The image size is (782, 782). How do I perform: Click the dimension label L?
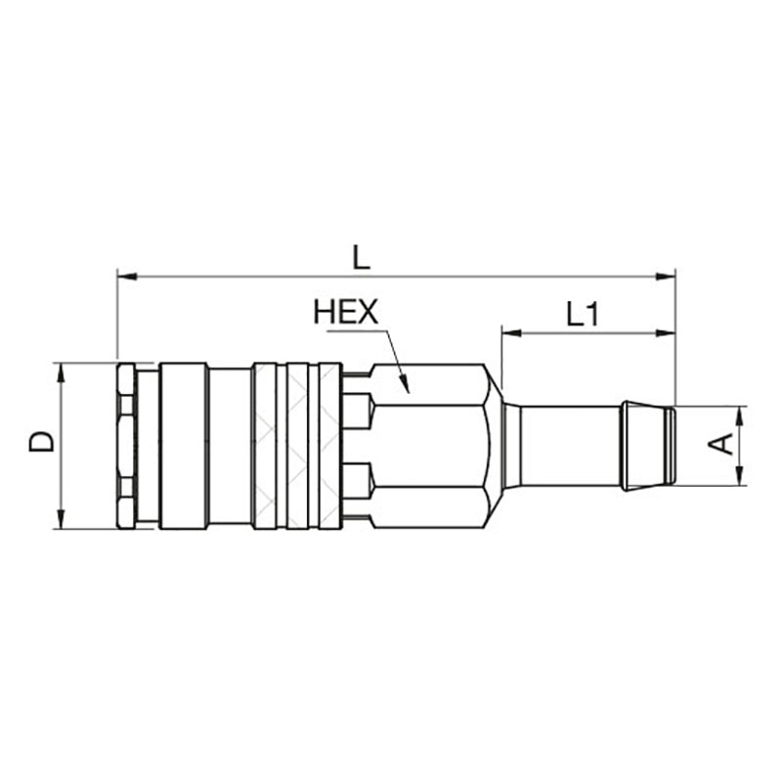coord(362,258)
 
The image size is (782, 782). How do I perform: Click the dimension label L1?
coord(582,315)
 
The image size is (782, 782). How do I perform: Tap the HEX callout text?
coord(346,311)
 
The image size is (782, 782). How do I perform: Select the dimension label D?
coord(41,442)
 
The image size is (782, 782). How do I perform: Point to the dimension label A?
coord(720,444)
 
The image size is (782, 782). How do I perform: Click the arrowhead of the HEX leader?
coord(405,383)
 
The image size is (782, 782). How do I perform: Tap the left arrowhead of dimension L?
coord(127,277)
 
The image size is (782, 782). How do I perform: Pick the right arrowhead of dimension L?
coord(666,277)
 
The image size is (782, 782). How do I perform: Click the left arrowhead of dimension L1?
coord(511,332)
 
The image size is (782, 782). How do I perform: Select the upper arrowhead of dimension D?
coord(61,373)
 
